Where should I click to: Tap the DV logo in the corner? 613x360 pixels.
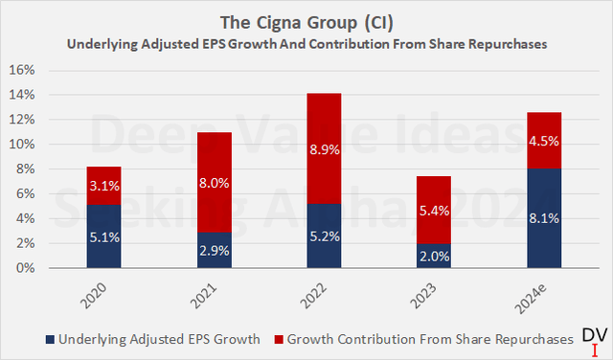(x=595, y=338)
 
